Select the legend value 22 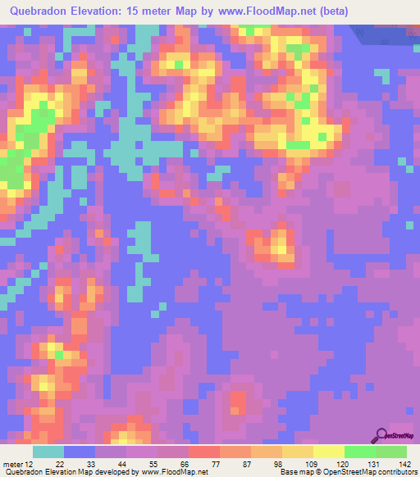[60, 464]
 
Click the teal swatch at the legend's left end [48, 452]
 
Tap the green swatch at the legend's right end [390, 452]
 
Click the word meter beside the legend [14, 464]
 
